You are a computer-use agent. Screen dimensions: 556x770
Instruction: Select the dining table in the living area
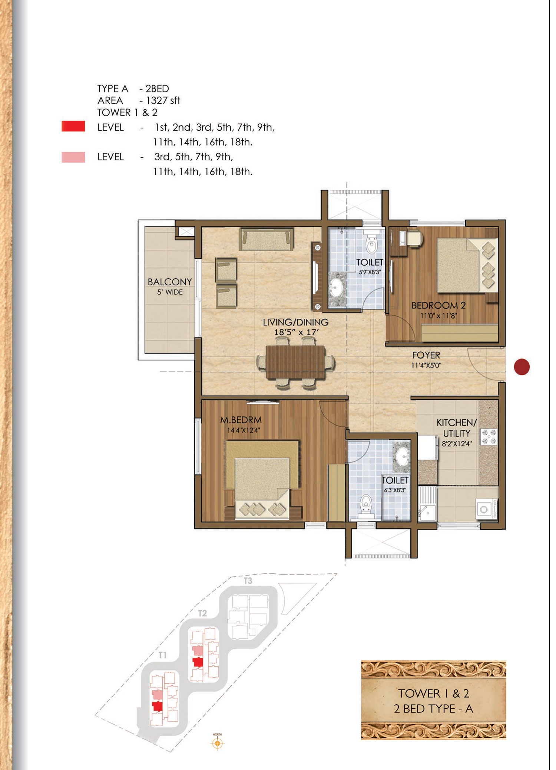coord(295,362)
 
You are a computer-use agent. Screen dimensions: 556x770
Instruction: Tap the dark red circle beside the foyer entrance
coord(522,367)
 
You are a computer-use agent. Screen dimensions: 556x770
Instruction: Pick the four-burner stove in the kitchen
coord(488,437)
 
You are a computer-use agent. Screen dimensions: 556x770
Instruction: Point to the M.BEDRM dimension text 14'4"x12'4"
coord(244,430)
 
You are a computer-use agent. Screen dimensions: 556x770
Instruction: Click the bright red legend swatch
coord(73,126)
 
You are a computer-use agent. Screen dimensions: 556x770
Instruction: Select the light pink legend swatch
coord(73,157)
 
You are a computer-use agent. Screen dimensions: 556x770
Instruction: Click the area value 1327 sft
coord(163,101)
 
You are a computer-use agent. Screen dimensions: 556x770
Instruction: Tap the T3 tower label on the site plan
coord(248,580)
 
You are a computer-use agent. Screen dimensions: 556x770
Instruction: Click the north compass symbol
coord(218,743)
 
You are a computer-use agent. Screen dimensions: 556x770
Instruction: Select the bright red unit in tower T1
coord(157,706)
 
